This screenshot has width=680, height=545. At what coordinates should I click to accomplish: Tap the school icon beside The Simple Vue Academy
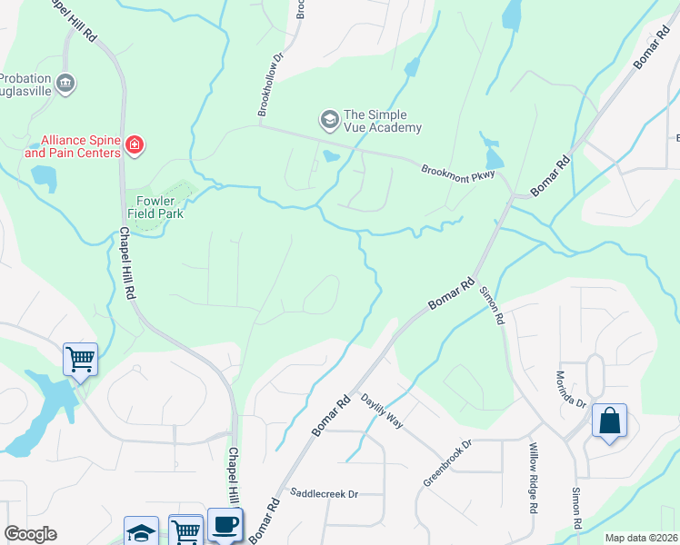pyautogui.click(x=328, y=119)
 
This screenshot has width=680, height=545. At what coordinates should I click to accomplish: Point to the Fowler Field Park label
pyautogui.click(x=155, y=207)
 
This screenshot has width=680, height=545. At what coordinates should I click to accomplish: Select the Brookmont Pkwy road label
pyautogui.click(x=456, y=173)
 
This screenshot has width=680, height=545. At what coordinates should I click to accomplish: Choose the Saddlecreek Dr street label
pyautogui.click(x=325, y=493)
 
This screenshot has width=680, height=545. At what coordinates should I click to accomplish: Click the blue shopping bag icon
pyautogui.click(x=609, y=421)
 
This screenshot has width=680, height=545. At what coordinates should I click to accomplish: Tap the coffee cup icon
pyautogui.click(x=225, y=524)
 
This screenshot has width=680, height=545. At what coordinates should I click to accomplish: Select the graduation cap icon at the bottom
pyautogui.click(x=141, y=532)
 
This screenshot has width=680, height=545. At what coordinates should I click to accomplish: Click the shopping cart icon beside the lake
pyautogui.click(x=80, y=359)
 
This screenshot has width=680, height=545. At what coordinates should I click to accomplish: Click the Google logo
pyautogui.click(x=30, y=534)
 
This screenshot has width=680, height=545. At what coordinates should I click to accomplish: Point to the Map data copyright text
pyautogui.click(x=641, y=538)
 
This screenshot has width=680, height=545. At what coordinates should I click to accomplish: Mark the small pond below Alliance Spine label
pyautogui.click(x=44, y=180)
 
